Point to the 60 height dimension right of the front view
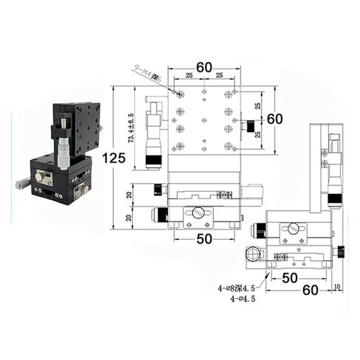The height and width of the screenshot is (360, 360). click(x=274, y=119)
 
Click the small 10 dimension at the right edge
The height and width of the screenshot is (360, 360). click(x=337, y=286)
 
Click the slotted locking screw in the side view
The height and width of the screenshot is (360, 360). click(x=293, y=229)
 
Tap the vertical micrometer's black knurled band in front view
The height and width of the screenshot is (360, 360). click(x=155, y=159)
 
